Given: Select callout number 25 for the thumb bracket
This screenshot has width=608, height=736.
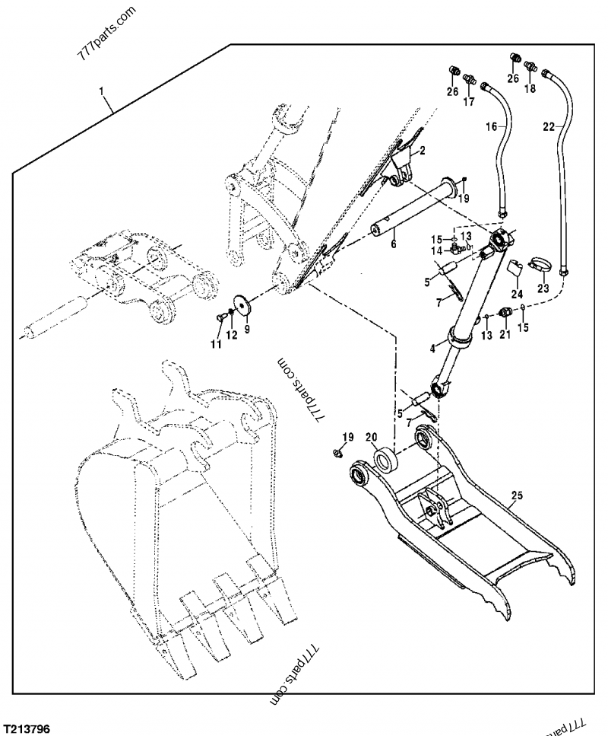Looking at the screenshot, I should tap(517, 496).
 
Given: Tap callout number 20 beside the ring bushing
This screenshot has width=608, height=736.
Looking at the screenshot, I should tap(371, 438).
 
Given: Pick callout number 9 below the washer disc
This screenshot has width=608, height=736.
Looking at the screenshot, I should tap(245, 330).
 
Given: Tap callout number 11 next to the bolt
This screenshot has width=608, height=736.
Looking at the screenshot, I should tap(216, 345).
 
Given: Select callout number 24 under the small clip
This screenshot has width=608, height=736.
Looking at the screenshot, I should tap(517, 294).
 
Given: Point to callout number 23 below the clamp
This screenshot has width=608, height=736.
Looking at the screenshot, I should tap(543, 288).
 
